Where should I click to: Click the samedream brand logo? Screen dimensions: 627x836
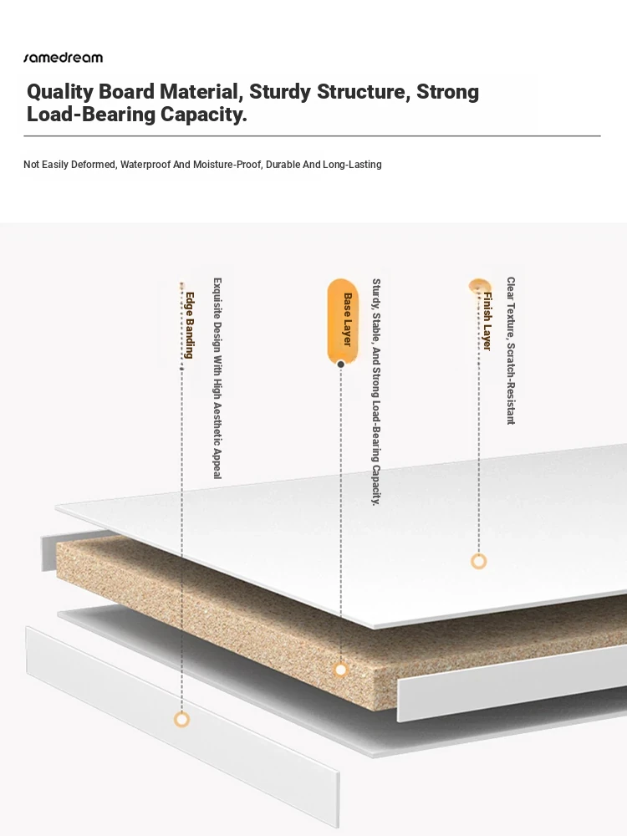tap(63, 58)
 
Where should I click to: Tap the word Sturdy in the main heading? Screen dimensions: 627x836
tap(280, 92)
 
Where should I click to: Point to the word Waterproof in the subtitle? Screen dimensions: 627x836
tap(145, 164)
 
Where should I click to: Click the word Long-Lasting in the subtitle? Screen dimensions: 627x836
tap(352, 164)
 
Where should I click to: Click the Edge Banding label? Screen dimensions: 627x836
tap(189, 324)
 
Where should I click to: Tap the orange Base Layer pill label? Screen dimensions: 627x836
tap(342, 320)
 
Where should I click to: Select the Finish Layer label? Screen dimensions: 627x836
tap(487, 321)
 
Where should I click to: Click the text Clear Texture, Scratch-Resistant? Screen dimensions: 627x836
tap(511, 350)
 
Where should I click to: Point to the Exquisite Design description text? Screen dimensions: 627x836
tap(217, 378)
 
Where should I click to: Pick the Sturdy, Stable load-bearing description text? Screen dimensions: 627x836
tap(376, 391)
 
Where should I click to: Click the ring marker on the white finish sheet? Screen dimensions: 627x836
tap(479, 562)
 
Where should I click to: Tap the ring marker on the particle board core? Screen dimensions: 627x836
tap(341, 670)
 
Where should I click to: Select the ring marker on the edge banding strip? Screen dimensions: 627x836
tap(181, 720)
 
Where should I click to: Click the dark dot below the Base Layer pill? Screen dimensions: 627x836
tap(341, 364)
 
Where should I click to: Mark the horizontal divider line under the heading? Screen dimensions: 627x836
tap(312, 136)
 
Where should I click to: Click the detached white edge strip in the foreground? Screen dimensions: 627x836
tap(182, 727)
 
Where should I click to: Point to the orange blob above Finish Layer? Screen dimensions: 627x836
tap(479, 285)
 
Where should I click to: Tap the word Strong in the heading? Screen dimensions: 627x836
tap(447, 92)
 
